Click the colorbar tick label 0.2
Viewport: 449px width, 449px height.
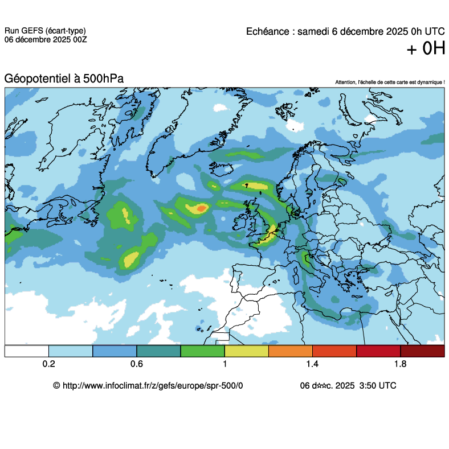(48, 364)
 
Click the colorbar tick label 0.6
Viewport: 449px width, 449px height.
(137, 364)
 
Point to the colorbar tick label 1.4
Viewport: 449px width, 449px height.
(313, 364)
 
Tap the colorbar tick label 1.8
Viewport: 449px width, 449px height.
(401, 364)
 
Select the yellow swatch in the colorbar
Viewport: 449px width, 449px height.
(247, 351)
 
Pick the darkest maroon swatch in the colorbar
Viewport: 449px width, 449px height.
(422, 351)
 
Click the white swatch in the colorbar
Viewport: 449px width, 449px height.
(27, 351)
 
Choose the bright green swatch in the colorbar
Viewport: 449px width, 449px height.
(203, 351)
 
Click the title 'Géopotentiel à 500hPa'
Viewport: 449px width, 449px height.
(64, 79)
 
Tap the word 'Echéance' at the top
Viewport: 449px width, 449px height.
(268, 31)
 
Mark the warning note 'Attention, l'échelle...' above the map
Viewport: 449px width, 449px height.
(390, 83)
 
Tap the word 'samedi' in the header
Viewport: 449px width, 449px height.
(315, 31)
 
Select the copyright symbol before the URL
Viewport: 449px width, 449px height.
(56, 385)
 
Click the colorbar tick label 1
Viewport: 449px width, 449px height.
(225, 364)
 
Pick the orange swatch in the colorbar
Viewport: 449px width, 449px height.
(291, 351)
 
